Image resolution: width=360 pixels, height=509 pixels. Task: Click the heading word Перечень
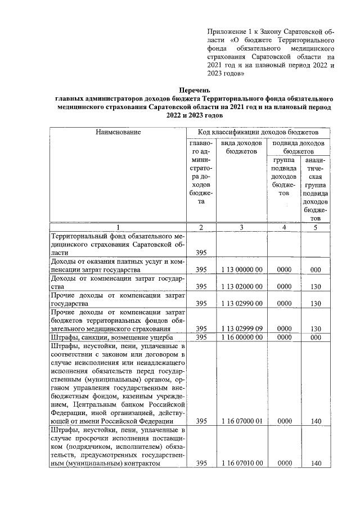tap(195, 89)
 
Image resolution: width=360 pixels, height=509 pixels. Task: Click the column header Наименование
tap(118, 132)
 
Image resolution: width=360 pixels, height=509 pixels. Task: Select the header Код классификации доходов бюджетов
tap(258, 132)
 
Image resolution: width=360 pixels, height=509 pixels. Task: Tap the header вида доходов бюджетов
tap(242, 147)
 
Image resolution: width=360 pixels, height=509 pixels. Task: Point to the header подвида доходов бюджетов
tap(298, 147)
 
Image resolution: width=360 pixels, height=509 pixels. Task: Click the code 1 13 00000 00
tap(242, 270)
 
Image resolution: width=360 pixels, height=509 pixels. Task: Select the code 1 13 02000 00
tap(242, 287)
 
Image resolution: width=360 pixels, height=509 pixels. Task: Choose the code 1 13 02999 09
tap(242, 328)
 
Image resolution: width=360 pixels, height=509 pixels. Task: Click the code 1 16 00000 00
tap(242, 337)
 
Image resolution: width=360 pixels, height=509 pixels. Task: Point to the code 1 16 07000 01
tap(242, 421)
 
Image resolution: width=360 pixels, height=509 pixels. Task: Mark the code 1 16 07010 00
tap(242, 463)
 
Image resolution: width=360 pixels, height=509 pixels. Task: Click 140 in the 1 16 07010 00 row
tap(316, 463)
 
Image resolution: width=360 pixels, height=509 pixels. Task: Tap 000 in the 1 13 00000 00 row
tap(316, 270)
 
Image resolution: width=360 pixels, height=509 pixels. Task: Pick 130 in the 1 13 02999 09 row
tap(316, 328)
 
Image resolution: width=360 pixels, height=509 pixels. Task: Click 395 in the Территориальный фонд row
tap(201, 253)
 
